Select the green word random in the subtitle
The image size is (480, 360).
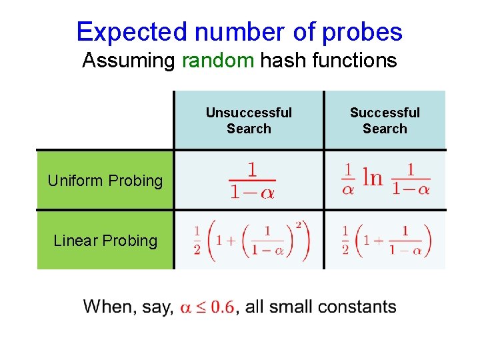[218, 61]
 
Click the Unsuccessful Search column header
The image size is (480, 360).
[249, 121]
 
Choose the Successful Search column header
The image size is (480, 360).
[385, 121]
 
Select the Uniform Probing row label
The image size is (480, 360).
[105, 181]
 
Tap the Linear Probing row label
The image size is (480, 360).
[105, 241]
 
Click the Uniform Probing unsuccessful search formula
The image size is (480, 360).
[251, 180]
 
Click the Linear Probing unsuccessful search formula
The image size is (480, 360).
[251, 241]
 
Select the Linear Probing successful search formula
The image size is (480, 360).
[385, 241]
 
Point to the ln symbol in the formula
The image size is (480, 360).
[372, 178]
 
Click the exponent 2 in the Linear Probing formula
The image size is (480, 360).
[299, 225]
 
